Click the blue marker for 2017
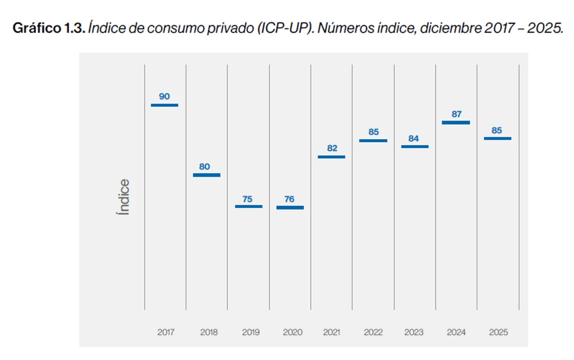[x=164, y=105]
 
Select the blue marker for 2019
[x=248, y=206]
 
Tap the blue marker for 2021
[x=331, y=157]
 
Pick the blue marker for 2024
[x=456, y=122]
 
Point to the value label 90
[x=164, y=96]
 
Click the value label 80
[x=204, y=166]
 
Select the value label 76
[x=289, y=199]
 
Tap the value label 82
[x=332, y=148]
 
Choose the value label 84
[x=414, y=138]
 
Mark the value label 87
[x=457, y=114]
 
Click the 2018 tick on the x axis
[x=209, y=332]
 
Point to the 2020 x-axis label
[x=292, y=332]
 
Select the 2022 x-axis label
[x=373, y=332]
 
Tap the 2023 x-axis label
[x=414, y=332]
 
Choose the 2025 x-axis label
[x=499, y=332]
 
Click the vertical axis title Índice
[x=123, y=197]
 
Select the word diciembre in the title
[x=450, y=28]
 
